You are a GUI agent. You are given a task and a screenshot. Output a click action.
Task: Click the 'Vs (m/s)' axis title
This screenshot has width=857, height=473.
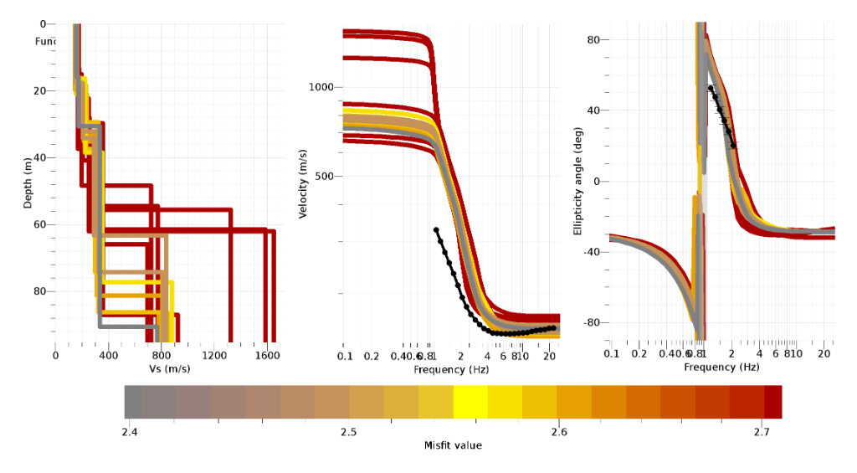pos(166,368)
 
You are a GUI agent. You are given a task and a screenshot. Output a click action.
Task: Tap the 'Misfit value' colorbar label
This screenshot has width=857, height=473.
pos(453,445)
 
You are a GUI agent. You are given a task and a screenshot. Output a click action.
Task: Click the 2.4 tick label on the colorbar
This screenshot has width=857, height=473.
pos(129,431)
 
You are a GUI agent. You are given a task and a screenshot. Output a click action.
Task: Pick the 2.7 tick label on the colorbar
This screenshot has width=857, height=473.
pos(761,431)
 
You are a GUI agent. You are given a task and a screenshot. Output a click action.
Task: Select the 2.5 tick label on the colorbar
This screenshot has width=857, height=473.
pos(348,431)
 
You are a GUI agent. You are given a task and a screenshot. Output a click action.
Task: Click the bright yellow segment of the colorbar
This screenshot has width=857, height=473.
pos(470,402)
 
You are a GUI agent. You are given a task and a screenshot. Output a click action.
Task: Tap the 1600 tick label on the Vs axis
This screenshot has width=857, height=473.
pos(265,355)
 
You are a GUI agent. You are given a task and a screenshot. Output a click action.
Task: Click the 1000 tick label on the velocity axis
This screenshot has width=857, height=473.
pos(322,87)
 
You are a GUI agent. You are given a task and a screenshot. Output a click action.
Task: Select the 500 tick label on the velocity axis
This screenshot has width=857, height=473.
pos(325,176)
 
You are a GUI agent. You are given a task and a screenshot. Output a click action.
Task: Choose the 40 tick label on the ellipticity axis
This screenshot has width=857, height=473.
pos(597,111)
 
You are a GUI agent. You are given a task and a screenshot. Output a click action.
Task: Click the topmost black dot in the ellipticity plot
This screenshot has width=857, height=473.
pos(711,88)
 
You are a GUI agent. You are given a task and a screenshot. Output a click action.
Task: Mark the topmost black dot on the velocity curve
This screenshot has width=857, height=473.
pos(436,229)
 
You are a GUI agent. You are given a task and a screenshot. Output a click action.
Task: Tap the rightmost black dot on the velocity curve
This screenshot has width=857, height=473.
pos(552,327)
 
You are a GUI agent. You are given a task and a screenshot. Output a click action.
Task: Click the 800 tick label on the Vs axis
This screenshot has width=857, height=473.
pos(161,355)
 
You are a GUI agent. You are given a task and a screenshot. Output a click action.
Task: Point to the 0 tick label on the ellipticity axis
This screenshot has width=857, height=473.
pos(600,181)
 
